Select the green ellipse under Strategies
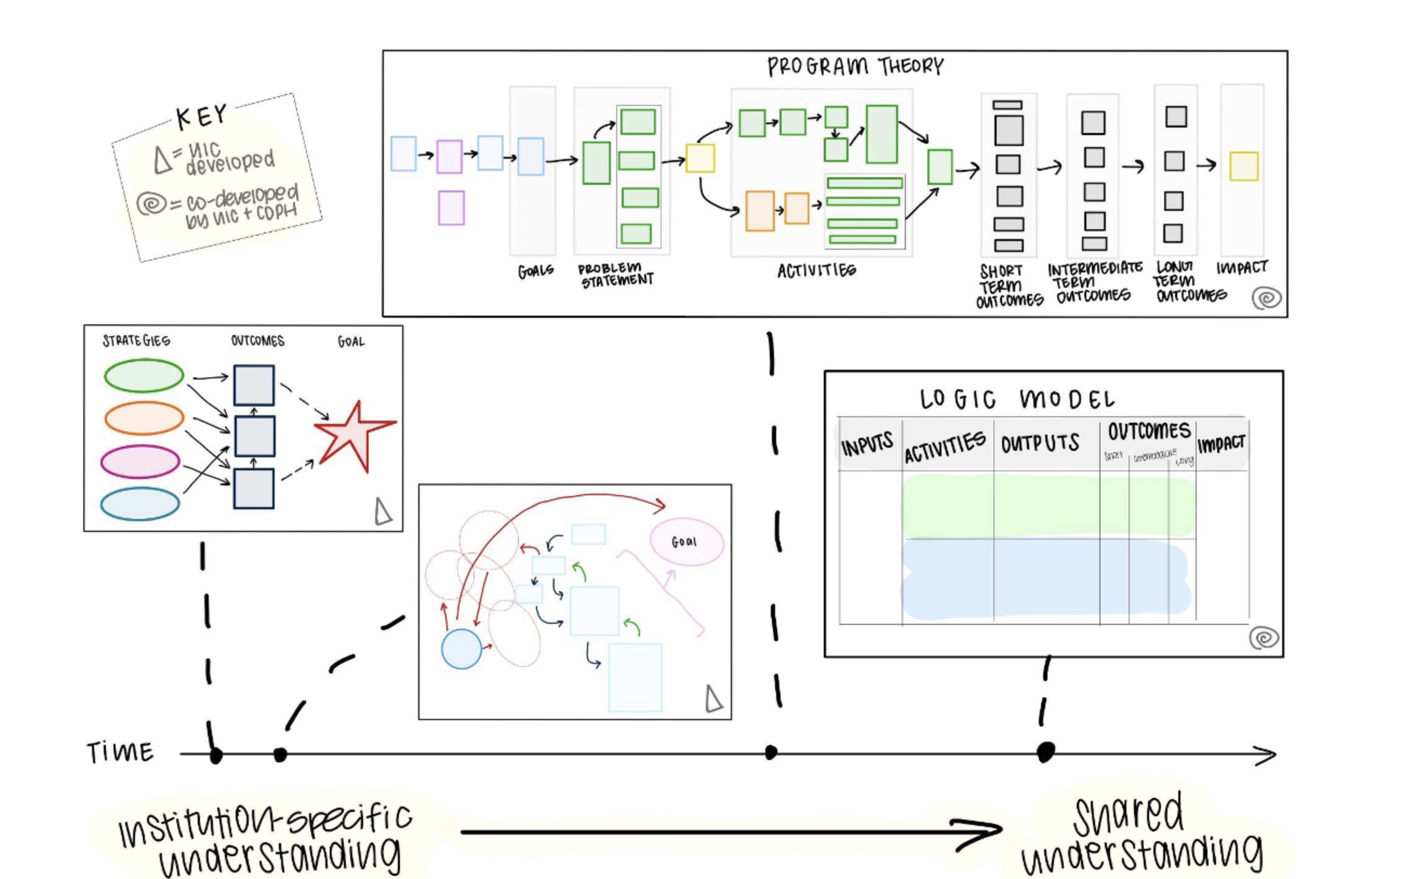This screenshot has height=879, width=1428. [x=144, y=376]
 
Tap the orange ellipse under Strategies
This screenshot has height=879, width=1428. [x=144, y=417]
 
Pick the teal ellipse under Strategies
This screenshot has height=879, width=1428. [x=140, y=503]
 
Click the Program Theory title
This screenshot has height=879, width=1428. [x=855, y=66]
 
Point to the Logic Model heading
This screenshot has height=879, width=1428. [x=1017, y=399]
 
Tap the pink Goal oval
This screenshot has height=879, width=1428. [x=686, y=542]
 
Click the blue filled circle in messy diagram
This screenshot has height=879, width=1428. [x=462, y=649]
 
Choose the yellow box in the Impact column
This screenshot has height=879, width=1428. [x=1244, y=167]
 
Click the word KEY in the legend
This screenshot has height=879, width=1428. [x=202, y=117]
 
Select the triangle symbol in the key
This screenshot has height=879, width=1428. [x=163, y=161]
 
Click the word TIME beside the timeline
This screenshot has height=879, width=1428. [x=121, y=753]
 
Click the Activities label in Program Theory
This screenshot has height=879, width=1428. [x=817, y=270]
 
